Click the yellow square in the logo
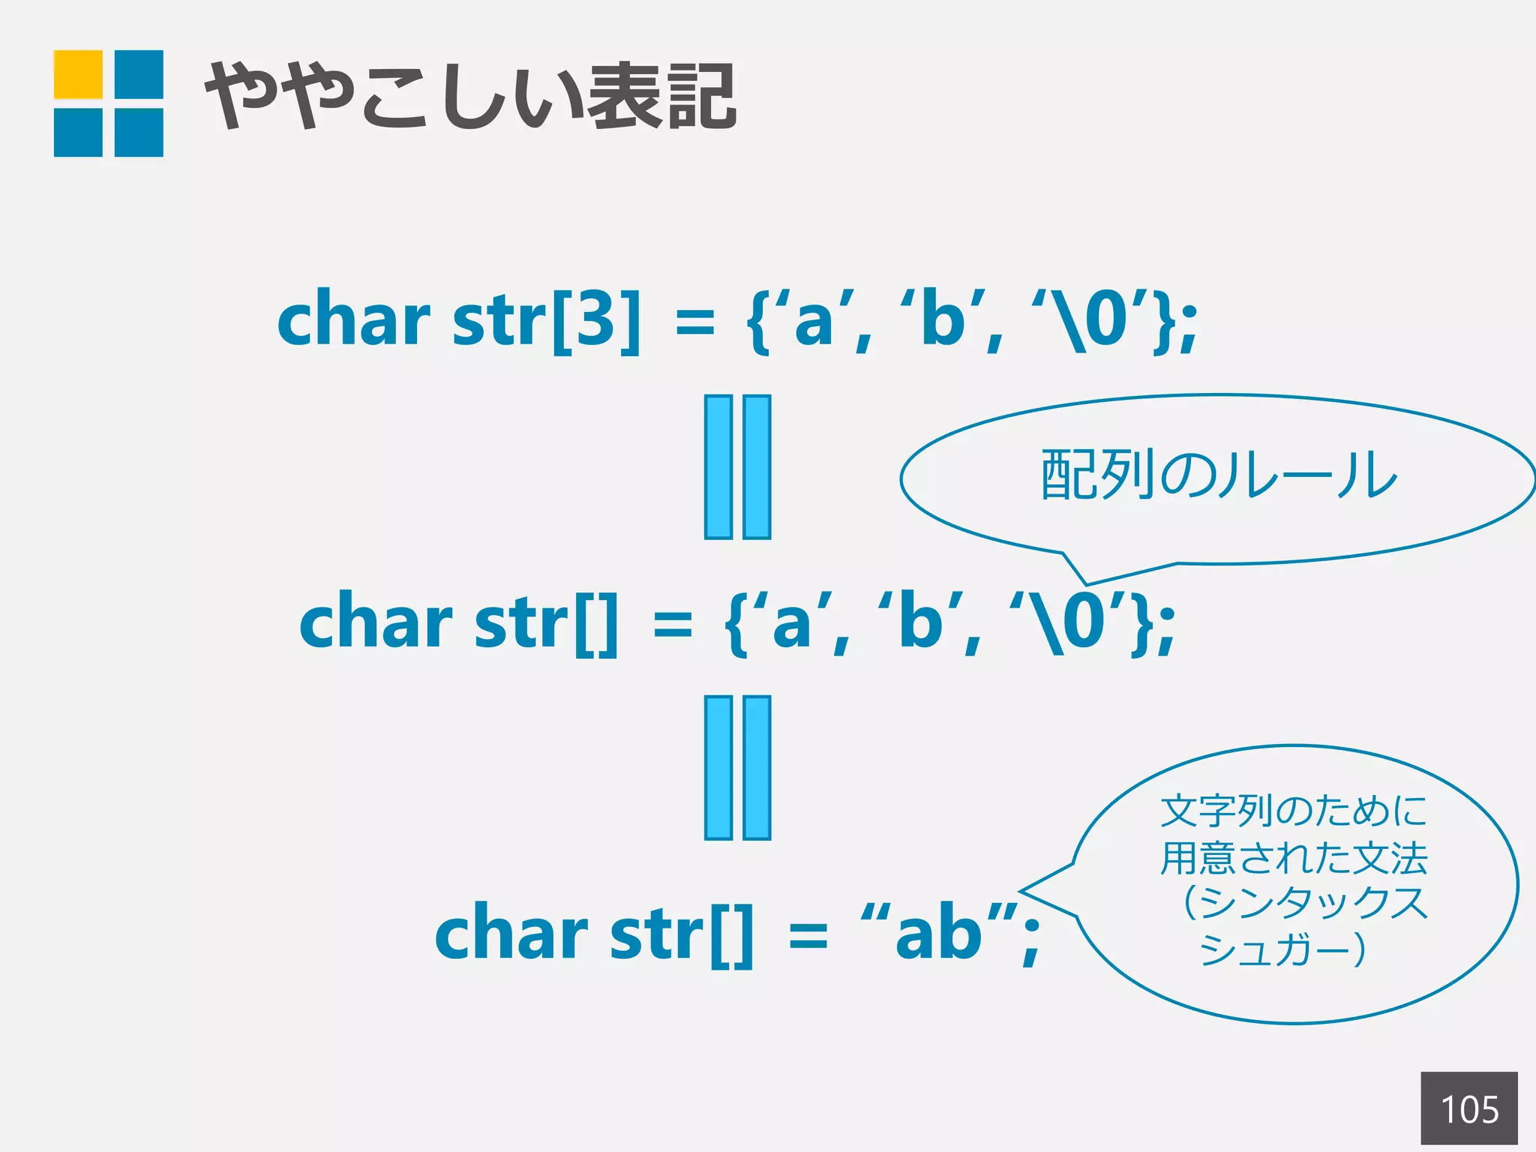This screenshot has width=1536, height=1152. click(78, 74)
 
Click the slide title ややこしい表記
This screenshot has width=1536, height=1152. click(471, 97)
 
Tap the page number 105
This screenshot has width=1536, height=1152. click(1468, 1109)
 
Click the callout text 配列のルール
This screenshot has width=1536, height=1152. click(1219, 475)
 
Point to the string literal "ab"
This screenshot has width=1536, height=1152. click(938, 934)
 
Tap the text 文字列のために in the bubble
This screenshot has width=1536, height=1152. click(1294, 811)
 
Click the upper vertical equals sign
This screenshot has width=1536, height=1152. click(737, 466)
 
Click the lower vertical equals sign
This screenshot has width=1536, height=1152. click(737, 767)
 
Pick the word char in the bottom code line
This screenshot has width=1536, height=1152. click(511, 934)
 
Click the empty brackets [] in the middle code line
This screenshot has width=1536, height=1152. click(597, 624)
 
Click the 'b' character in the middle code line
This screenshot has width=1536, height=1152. click(919, 624)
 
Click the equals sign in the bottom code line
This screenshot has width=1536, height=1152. click(808, 936)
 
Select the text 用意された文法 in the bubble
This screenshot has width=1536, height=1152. click(1294, 859)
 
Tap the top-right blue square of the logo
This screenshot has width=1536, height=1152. click(139, 74)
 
